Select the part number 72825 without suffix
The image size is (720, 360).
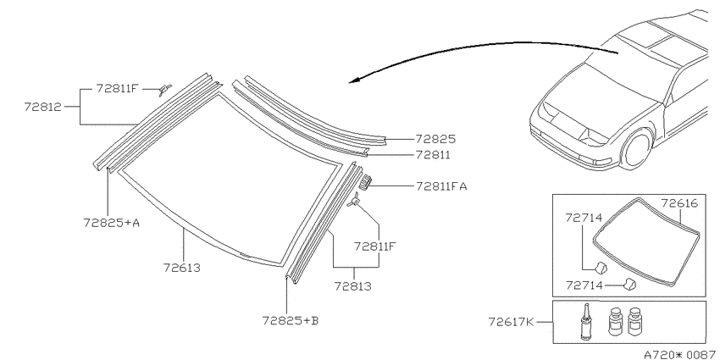pos(436,137)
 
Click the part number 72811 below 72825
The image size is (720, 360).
pos(433,155)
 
